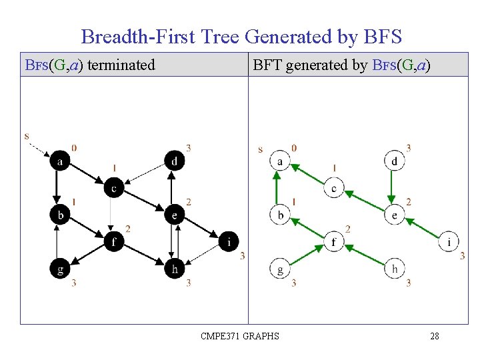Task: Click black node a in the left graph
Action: [60, 161]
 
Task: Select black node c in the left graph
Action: [114, 189]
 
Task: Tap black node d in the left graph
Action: [174, 161]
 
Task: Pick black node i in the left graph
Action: [229, 241]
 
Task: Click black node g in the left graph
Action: [60, 269]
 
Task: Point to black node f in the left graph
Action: [114, 241]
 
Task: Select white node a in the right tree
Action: [280, 161]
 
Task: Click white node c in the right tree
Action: [334, 189]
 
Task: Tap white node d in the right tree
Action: [395, 161]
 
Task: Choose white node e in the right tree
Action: [395, 215]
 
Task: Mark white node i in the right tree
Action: [449, 241]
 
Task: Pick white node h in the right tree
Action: [395, 269]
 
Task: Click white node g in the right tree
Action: [280, 269]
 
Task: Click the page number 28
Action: [435, 336]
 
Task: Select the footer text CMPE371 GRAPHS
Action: [240, 336]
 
